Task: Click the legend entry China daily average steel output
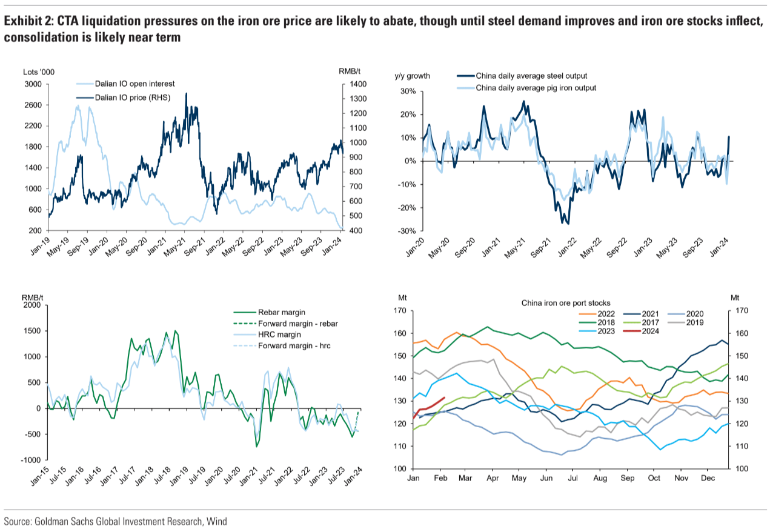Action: coord(531,76)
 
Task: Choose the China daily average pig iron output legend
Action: coord(536,88)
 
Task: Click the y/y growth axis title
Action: coord(413,76)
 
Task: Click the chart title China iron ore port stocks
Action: coord(565,303)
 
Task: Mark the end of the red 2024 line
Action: coord(445,398)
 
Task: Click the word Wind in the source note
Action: coord(216,521)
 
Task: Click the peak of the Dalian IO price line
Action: coord(186,93)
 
